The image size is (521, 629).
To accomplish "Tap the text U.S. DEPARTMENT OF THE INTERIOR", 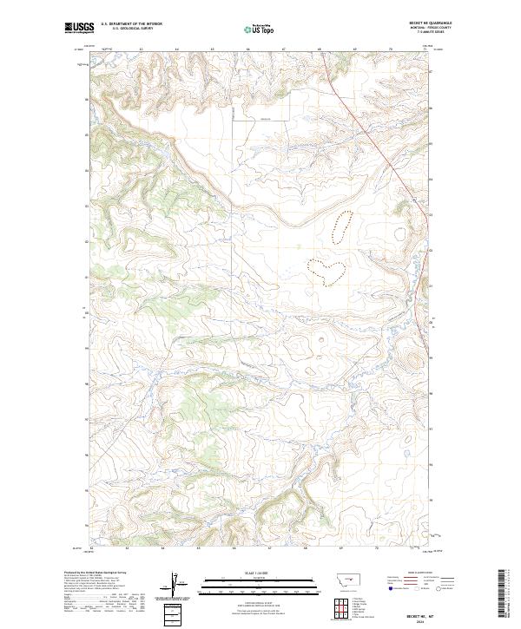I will pyautogui.click(x=131, y=23).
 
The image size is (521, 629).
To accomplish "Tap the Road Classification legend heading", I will pyautogui.click(x=420, y=573).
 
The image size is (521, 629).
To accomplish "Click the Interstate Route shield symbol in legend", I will pyautogui.click(x=391, y=589).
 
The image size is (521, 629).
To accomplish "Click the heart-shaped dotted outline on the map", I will pyautogui.click(x=329, y=270).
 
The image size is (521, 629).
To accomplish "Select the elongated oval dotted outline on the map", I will pyautogui.click(x=342, y=226).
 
